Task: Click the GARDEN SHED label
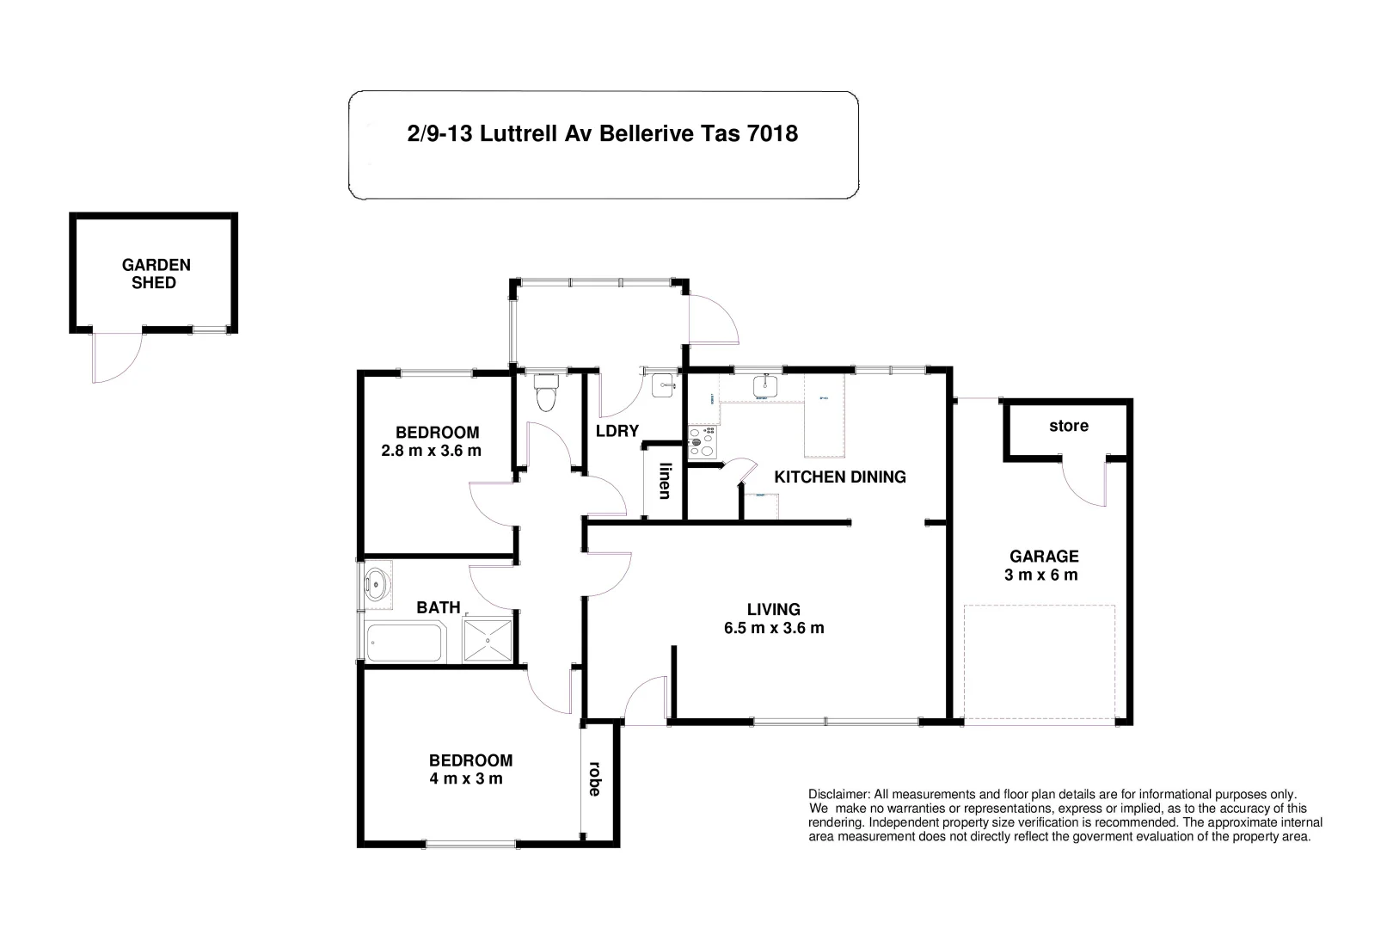point(156,274)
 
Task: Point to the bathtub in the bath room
point(404,643)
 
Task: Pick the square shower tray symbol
point(488,641)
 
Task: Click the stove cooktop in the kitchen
point(701,442)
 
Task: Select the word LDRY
point(617,431)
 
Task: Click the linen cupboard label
point(664,481)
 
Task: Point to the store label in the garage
point(1068,426)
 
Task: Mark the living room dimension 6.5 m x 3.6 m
point(774,628)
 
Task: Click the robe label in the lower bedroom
point(594,778)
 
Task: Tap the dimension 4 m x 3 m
point(466,779)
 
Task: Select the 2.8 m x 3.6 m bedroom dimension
point(431,451)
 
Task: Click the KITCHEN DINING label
point(840,477)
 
